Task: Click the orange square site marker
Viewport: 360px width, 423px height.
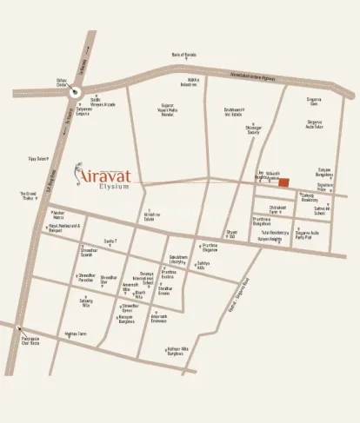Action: (x=283, y=182)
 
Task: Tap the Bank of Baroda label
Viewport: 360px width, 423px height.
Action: (x=183, y=55)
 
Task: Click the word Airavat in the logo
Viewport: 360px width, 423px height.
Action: (x=109, y=171)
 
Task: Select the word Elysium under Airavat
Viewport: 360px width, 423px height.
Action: (x=114, y=185)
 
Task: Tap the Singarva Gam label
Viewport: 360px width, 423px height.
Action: (x=313, y=102)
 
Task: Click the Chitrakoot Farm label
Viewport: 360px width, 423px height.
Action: (x=277, y=209)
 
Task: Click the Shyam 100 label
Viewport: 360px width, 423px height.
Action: (x=232, y=234)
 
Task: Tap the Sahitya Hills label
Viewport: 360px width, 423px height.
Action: (x=203, y=264)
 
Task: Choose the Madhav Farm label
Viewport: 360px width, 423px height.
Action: (x=76, y=334)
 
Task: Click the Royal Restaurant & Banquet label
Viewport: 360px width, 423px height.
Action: (x=63, y=228)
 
